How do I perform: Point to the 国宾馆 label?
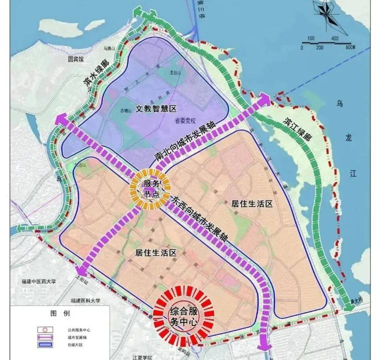78,58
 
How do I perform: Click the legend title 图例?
56,314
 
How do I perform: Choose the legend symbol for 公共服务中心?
45,330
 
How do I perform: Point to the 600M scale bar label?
349,47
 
